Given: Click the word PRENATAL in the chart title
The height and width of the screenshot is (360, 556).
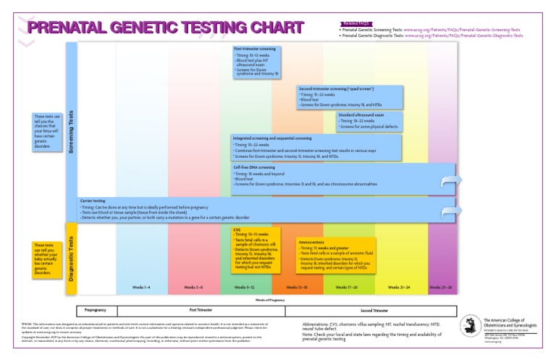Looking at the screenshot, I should pyautogui.click(x=68, y=28).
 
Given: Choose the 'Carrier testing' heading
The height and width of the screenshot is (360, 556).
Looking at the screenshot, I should pyautogui.click(x=93, y=201).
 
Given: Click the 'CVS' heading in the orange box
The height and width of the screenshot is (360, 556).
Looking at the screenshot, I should pyautogui.click(x=237, y=230).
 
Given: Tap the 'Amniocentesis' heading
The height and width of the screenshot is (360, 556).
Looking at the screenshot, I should pyautogui.click(x=312, y=241).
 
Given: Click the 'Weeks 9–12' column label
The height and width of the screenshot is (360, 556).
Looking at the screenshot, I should pyautogui.click(x=246, y=288).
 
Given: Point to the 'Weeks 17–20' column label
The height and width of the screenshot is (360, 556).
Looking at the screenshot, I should pyautogui.click(x=348, y=288).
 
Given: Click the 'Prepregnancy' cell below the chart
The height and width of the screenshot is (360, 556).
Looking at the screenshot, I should pyautogui.click(x=96, y=309).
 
